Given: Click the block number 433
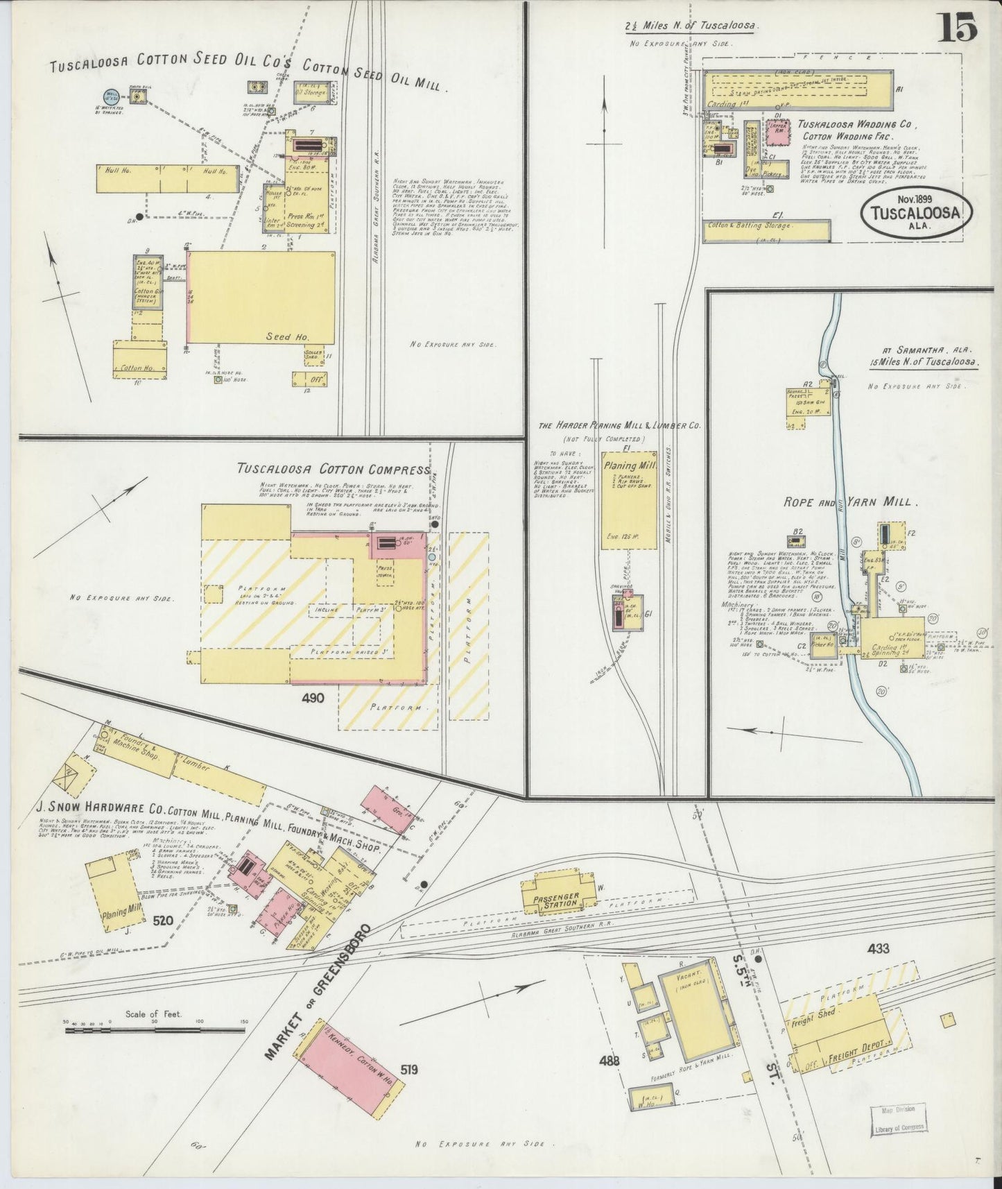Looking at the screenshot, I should pos(877,948).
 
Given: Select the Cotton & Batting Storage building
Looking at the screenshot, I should pos(766,230).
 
